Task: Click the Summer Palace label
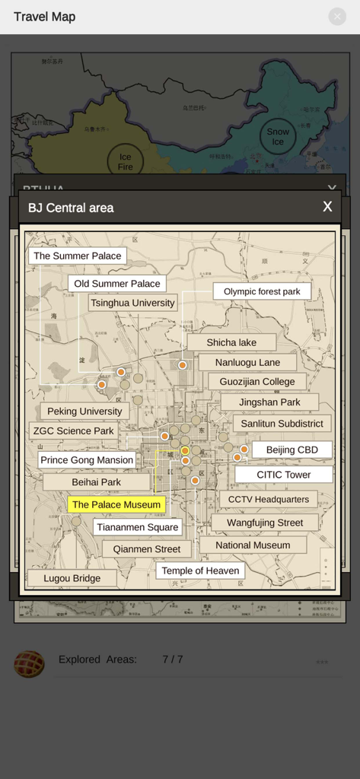coord(78,256)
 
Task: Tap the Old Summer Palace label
coord(117,284)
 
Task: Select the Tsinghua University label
coord(132,303)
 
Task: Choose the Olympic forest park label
coord(262,291)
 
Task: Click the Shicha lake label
coord(231,342)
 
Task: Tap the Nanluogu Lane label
coord(247,362)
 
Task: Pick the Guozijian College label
coord(257,382)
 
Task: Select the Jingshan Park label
coord(269,402)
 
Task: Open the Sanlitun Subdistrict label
coord(282,424)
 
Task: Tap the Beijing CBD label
coord(292,450)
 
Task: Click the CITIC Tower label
coord(283,475)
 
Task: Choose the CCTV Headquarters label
coord(268,500)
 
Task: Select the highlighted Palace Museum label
coord(116,504)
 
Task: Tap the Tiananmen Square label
coord(138,527)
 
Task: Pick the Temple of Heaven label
coord(200,571)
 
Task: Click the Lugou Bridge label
coord(72,578)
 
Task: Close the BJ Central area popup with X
coord(327,207)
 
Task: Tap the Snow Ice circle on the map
coord(278,137)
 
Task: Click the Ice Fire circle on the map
coord(125,161)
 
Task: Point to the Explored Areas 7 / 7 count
coord(172,660)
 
